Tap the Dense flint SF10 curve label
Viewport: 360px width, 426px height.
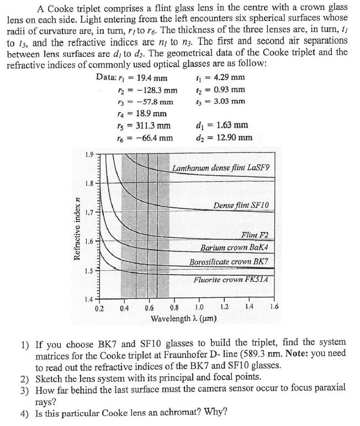241,206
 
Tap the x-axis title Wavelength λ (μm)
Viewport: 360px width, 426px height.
184,319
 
